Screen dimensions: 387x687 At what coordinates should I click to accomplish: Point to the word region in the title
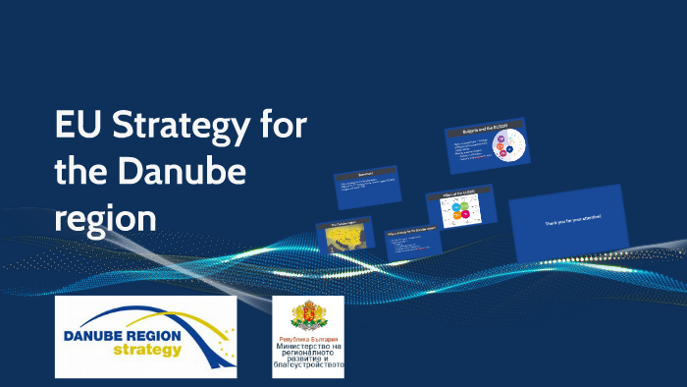pyautogui.click(x=105, y=217)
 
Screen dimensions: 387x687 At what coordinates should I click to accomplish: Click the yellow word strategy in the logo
pyautogui.click(x=146, y=351)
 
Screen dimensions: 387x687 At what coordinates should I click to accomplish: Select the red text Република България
pyautogui.click(x=308, y=337)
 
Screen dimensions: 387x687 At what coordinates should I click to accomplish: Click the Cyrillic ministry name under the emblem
pyautogui.click(x=308, y=356)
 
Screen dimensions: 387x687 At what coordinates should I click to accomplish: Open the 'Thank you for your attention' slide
pyautogui.click(x=570, y=222)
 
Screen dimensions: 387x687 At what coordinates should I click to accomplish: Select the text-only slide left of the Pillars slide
pyautogui.click(x=367, y=186)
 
